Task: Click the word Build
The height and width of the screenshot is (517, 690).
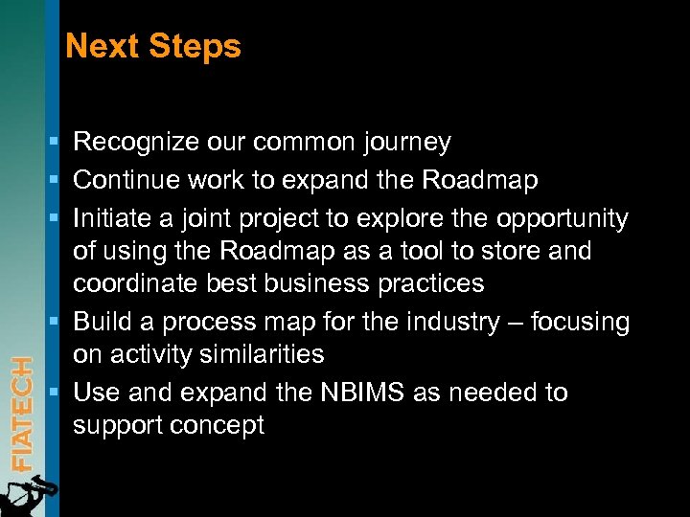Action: click(x=99, y=322)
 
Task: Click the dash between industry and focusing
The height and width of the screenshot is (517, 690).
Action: click(x=517, y=323)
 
